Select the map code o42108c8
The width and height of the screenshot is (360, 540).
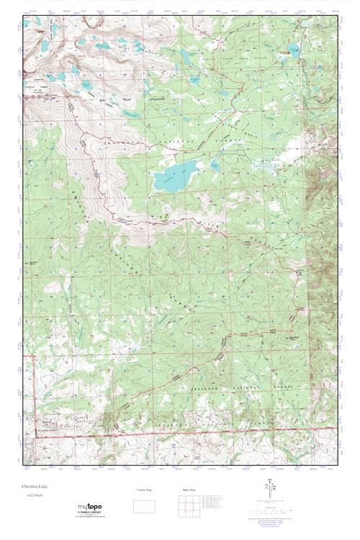click(x=33, y=495)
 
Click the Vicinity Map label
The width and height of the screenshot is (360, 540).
click(x=145, y=490)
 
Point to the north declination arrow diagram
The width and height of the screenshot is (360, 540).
click(x=271, y=488)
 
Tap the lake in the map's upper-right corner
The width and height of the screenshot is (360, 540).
click(x=294, y=49)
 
